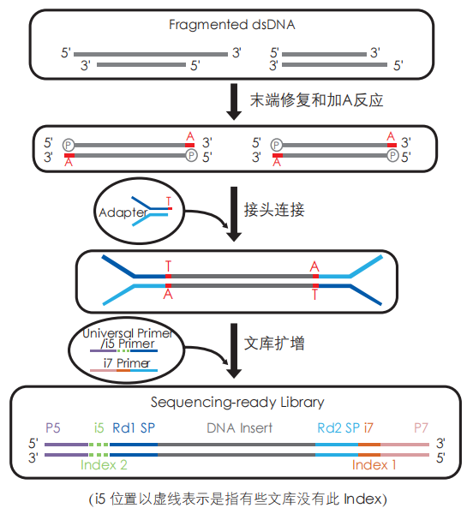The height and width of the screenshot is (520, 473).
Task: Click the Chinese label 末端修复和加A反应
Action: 315,100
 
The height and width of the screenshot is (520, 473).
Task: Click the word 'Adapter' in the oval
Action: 123,211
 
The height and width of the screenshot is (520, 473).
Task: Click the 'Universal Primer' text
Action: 127,332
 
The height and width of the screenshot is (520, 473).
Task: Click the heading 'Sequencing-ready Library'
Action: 237,401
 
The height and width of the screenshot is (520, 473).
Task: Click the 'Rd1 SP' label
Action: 133,427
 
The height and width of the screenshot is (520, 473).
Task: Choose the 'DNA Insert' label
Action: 237,427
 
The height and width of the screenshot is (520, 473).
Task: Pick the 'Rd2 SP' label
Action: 338,427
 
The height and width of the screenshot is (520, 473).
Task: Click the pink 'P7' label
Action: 421,427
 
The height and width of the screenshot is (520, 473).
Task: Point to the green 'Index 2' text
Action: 104,464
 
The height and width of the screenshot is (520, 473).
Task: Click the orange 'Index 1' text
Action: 374,464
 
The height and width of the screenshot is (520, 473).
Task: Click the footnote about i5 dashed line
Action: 237,498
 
